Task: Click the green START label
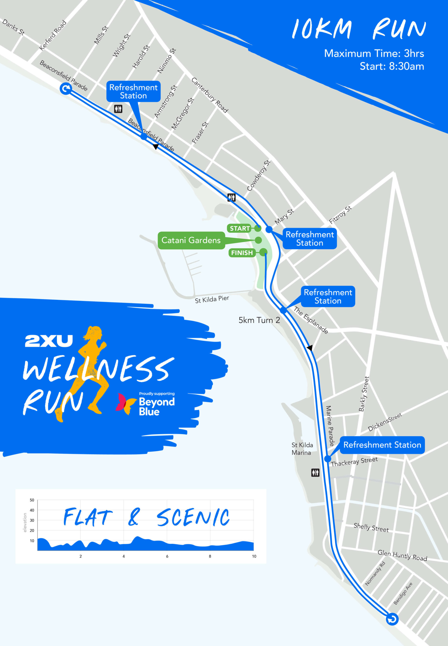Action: tap(240, 228)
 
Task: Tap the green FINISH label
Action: tap(242, 253)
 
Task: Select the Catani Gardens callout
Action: tap(191, 240)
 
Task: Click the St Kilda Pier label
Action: tap(212, 299)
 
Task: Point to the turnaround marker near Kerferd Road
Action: tap(66, 89)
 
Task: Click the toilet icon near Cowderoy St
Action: tap(231, 197)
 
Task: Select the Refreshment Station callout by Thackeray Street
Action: tap(382, 445)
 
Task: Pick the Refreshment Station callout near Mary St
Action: tap(310, 238)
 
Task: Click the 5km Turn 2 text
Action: tap(259, 320)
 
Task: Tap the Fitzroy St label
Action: tap(340, 215)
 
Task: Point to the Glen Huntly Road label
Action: tap(402, 555)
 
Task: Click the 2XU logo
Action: tap(49, 341)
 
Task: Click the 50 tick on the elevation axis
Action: tap(32, 500)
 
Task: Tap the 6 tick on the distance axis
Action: tap(167, 556)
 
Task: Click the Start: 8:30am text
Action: tap(391, 67)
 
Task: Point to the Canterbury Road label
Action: tap(209, 95)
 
